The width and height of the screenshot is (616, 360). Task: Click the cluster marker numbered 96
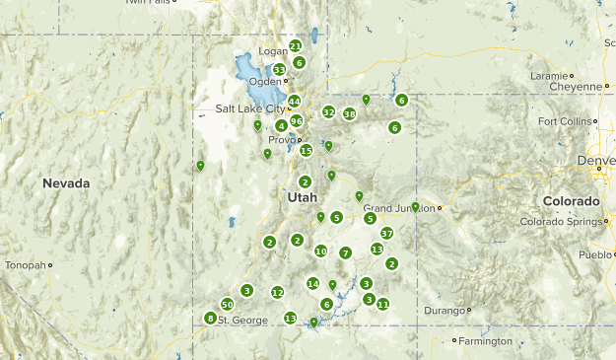pyautogui.click(x=296, y=120)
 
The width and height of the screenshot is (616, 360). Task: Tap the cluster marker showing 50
pyautogui.click(x=227, y=304)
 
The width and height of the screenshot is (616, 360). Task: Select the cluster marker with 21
pyautogui.click(x=295, y=45)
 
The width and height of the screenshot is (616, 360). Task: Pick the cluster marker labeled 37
pyautogui.click(x=387, y=234)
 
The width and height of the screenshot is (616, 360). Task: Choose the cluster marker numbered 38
pyautogui.click(x=350, y=114)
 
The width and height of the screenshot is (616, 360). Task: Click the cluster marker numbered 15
pyautogui.click(x=307, y=150)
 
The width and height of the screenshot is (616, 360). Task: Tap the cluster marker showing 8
pyautogui.click(x=210, y=318)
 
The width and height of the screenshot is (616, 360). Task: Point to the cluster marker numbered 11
pyautogui.click(x=382, y=304)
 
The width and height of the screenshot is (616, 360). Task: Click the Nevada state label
pyautogui.click(x=66, y=183)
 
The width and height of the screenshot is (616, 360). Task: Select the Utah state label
pyautogui.click(x=303, y=197)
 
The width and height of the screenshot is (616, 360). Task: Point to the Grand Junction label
pyautogui.click(x=398, y=208)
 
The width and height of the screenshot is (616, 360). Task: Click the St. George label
pyautogui.click(x=242, y=321)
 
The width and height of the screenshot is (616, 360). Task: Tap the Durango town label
pyautogui.click(x=444, y=311)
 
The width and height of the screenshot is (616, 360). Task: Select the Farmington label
pyautogui.click(x=485, y=341)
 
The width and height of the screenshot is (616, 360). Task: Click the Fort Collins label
pyautogui.click(x=566, y=121)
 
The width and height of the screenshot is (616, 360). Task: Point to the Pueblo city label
pyautogui.click(x=595, y=254)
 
